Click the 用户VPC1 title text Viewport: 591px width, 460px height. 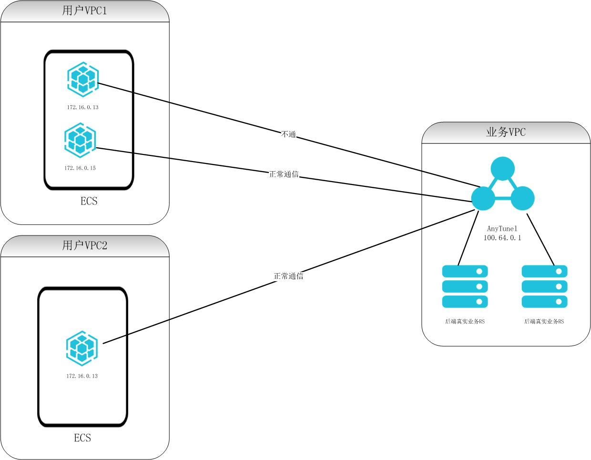pos(85,11)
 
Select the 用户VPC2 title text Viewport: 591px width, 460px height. pos(85,245)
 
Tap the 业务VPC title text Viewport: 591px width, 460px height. pos(506,133)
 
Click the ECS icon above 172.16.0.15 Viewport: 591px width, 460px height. pos(80,140)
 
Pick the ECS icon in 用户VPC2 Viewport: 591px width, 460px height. pos(82,348)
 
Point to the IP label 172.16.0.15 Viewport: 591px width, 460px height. pos(80,168)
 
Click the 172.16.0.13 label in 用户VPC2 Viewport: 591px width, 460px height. pos(82,376)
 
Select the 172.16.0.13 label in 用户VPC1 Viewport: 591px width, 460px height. pos(82,107)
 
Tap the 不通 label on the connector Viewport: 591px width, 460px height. pos(289,134)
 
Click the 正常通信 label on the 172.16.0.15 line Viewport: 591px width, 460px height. pos(284,174)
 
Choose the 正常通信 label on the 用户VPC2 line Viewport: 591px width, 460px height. pos(288,276)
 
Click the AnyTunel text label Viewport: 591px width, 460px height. pos(502,229)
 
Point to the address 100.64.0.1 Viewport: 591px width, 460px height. pos(502,238)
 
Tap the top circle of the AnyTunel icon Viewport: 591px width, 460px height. pos(503,169)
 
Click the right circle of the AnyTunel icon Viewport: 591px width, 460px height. pos(522,198)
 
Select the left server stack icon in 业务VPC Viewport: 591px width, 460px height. pos(465,286)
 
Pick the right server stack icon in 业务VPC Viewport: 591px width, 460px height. pos(544,286)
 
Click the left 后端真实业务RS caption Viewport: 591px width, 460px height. pos(465,322)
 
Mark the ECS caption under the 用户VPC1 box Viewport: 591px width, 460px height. pos(89,201)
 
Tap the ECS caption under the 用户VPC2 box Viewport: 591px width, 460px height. pos(82,438)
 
